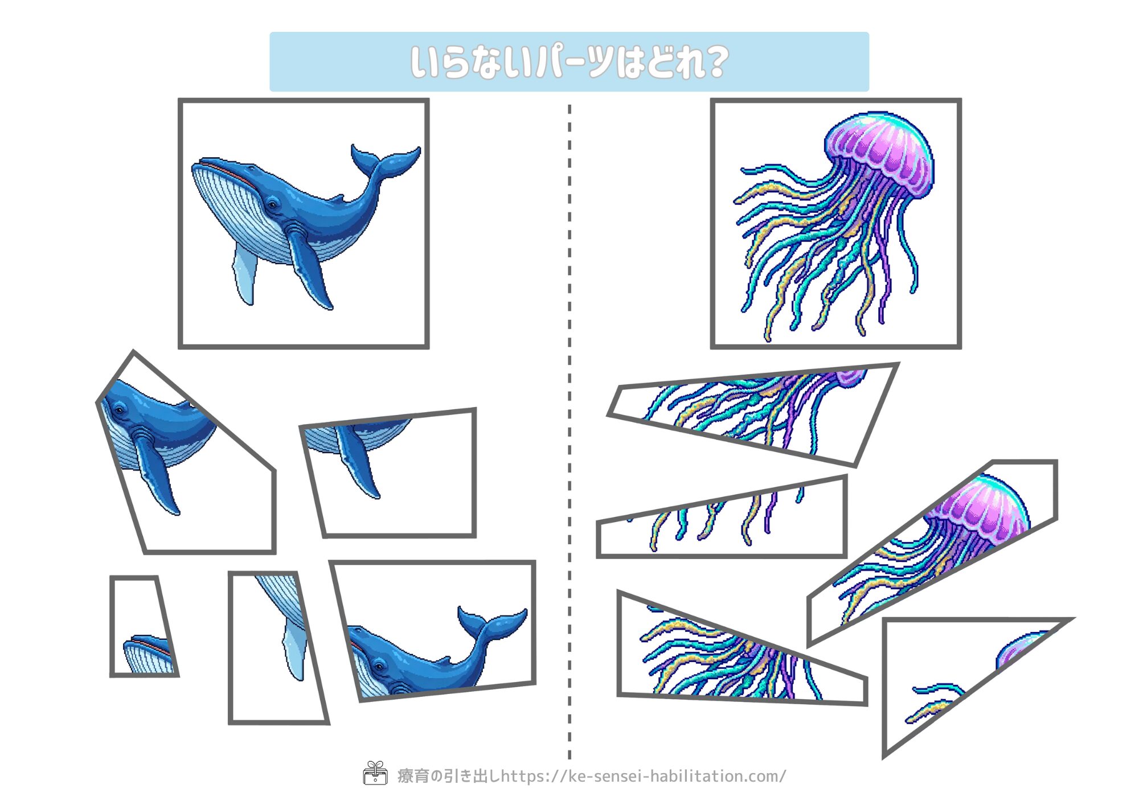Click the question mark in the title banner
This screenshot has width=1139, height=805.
coord(712,61)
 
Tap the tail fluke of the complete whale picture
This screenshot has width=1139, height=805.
coord(385,160)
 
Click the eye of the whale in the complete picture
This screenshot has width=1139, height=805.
coord(272,204)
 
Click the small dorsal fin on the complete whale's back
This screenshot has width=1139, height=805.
coord(337,198)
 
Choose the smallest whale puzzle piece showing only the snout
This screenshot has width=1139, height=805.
coord(144,626)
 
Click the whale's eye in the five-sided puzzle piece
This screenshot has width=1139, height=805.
coord(118,409)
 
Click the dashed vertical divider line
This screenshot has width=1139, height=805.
coord(569,432)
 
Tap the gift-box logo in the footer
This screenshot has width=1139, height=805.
coord(375,773)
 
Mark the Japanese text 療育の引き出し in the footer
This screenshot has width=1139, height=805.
coord(449,776)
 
